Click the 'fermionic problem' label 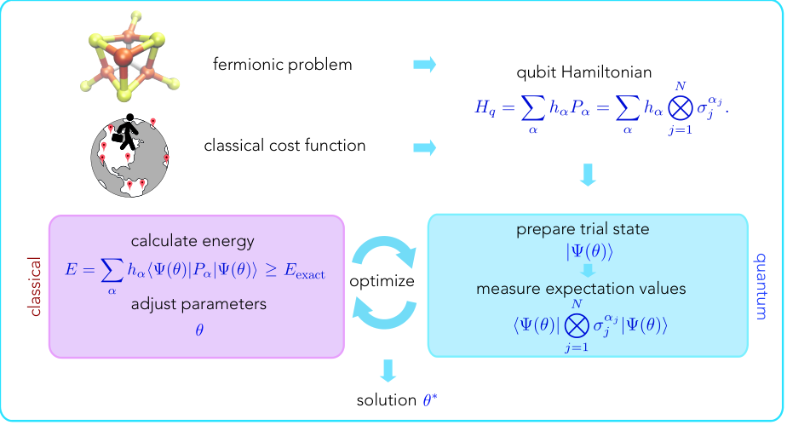click(282, 65)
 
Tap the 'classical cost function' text click(284, 146)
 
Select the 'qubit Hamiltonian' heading click(583, 72)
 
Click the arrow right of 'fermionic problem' click(425, 65)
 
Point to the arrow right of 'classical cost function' click(425, 147)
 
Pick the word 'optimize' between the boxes click(382, 282)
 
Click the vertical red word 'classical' click(35, 286)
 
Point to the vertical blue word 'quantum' click(761, 286)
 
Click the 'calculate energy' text click(192, 241)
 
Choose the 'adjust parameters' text click(198, 305)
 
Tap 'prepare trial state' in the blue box click(583, 229)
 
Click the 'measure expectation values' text click(581, 289)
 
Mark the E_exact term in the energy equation click(304, 272)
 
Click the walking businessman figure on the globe click(128, 132)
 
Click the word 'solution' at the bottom click(387, 400)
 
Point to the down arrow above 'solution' click(388, 370)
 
